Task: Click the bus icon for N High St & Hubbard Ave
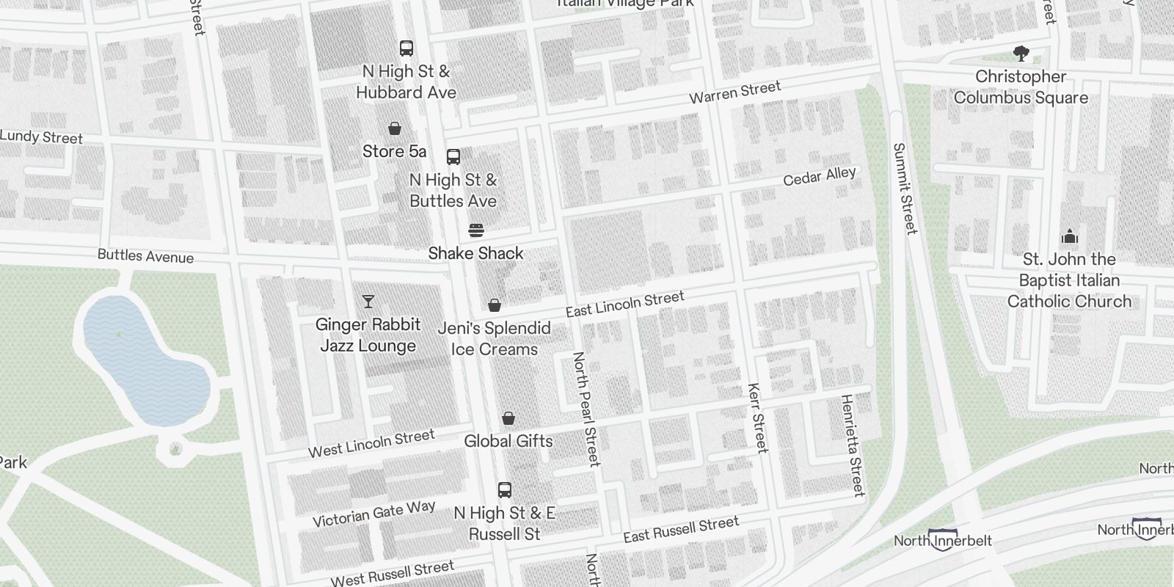[x=406, y=48]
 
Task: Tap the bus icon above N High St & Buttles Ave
[x=453, y=156]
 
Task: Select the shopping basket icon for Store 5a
[x=395, y=128]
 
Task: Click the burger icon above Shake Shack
[x=476, y=230]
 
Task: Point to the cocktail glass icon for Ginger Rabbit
[x=368, y=302]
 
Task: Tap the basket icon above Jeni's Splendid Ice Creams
[x=495, y=305]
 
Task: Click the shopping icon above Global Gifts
[x=508, y=418]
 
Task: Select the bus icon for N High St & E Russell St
[x=505, y=489]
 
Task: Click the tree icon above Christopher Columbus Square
[x=1021, y=54]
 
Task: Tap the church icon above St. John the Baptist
[x=1070, y=236]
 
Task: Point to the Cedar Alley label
[x=819, y=177]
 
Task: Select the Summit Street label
[x=905, y=189]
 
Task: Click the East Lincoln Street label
[x=624, y=304]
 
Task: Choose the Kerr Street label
[x=756, y=418]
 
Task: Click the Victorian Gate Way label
[x=373, y=514]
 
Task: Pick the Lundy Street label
[x=42, y=137]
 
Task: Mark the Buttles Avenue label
[x=145, y=256]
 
